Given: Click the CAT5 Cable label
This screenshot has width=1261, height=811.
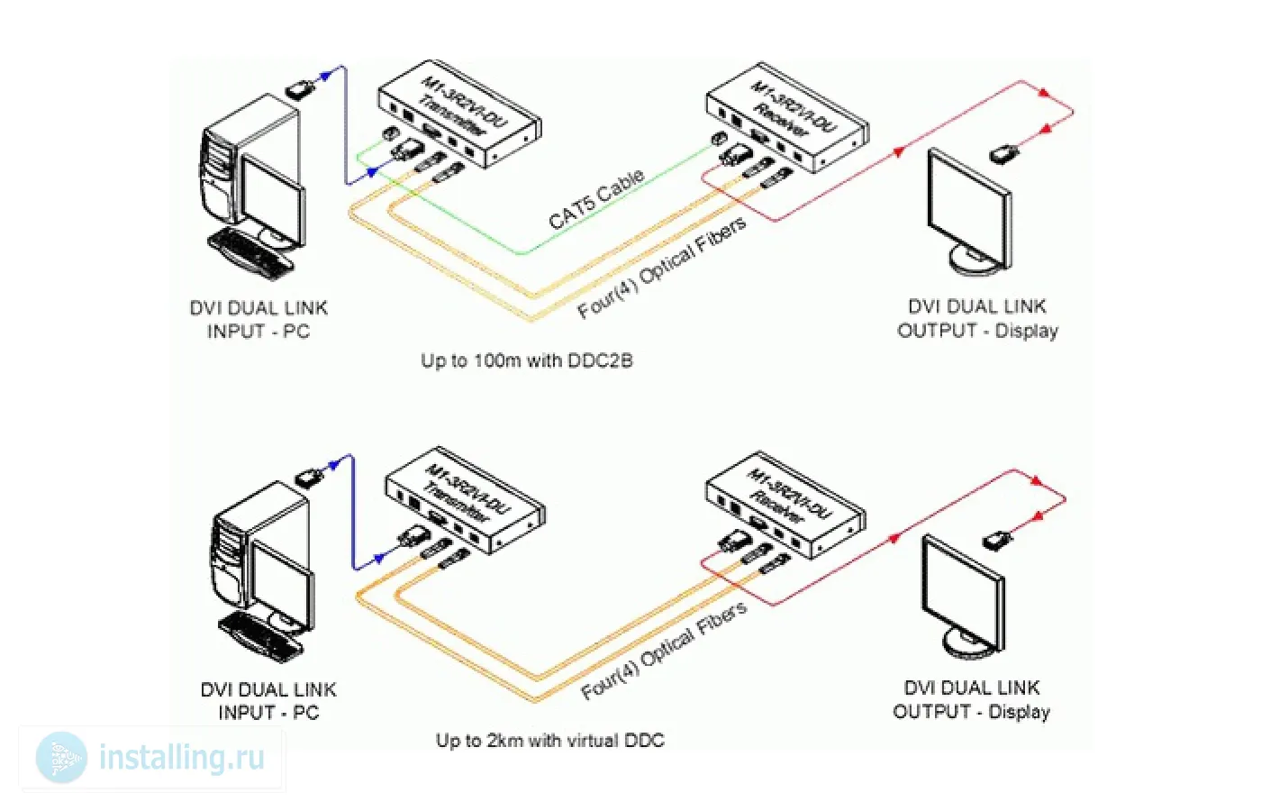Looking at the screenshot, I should (595, 199).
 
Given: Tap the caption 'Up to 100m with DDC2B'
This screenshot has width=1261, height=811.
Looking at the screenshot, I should (527, 360).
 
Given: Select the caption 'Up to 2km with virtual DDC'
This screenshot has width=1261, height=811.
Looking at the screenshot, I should (549, 741).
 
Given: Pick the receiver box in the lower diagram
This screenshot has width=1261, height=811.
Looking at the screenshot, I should (785, 505).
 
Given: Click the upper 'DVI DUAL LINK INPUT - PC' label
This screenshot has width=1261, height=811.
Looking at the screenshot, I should (259, 320).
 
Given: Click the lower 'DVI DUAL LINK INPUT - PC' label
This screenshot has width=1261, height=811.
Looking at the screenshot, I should (268, 701).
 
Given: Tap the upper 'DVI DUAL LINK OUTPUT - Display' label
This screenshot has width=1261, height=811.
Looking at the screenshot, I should (977, 319).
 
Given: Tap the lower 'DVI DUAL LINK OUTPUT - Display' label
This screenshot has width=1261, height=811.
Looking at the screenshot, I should (972, 700).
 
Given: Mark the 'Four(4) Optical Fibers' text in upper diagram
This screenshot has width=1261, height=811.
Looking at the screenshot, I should (662, 269).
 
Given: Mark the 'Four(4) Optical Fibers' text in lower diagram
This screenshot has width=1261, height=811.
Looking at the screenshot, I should (665, 651).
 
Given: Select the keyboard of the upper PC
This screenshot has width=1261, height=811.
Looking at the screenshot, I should (252, 251).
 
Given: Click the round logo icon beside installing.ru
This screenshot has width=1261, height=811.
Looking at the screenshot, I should (61, 758).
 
